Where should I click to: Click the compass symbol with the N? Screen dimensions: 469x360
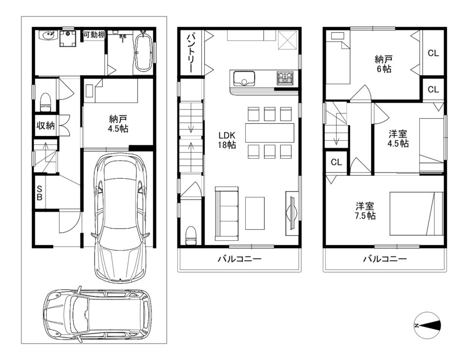pyautogui.click(x=428, y=325)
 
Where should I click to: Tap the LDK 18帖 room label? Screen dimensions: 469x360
pyautogui.click(x=227, y=140)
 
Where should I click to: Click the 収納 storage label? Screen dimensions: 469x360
pyautogui.click(x=45, y=125)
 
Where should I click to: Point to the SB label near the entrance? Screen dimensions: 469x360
pyautogui.click(x=40, y=193)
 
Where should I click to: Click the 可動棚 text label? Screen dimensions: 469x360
pyautogui.click(x=94, y=35)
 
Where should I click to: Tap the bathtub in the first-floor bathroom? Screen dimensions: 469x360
pyautogui.click(x=144, y=50)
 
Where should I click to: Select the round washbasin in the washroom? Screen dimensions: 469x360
pyautogui.click(x=48, y=36)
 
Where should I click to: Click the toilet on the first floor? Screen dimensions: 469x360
pyautogui.click(x=45, y=102)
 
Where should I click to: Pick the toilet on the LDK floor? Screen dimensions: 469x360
pyautogui.click(x=191, y=235)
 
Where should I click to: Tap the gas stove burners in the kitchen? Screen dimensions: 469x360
pyautogui.click(x=285, y=78)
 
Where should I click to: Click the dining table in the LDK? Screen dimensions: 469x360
pyautogui.click(x=270, y=133)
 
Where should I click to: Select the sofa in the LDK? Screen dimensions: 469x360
pyautogui.click(x=227, y=213)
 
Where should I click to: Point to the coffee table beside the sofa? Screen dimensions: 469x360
pyautogui.click(x=255, y=213)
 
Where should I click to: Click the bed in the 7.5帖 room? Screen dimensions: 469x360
pyautogui.click(x=417, y=213)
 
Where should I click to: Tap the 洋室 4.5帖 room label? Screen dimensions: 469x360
pyautogui.click(x=398, y=138)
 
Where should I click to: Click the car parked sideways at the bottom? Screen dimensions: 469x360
pyautogui.click(x=98, y=315)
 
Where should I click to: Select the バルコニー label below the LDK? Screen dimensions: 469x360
pyautogui.click(x=239, y=258)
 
